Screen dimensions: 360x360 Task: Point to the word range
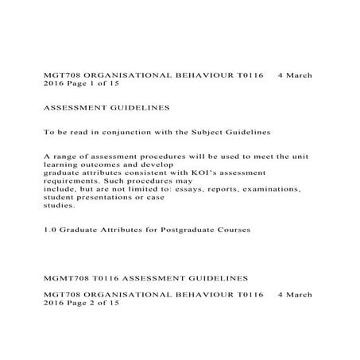[65, 157]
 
